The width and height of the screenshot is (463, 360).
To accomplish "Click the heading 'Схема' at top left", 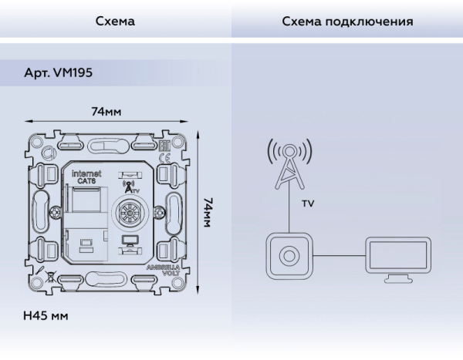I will [115, 22].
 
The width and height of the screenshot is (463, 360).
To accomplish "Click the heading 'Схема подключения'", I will [347, 22].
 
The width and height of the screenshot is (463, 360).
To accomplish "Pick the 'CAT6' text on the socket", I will [86, 182].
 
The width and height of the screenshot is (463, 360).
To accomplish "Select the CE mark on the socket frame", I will [164, 159].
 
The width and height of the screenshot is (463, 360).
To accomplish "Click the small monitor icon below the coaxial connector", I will [127, 241].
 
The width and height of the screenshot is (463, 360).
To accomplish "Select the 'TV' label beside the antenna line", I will [307, 204].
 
